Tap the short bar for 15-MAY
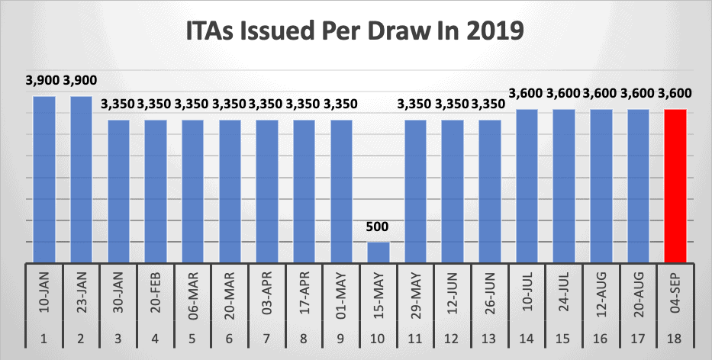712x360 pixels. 379,252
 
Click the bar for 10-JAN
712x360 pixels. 43,179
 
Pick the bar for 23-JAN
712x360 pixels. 81,179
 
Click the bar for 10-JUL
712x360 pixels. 527,186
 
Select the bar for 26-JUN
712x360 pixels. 490,191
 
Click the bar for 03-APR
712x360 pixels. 267,191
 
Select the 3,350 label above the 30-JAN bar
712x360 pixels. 118,104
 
